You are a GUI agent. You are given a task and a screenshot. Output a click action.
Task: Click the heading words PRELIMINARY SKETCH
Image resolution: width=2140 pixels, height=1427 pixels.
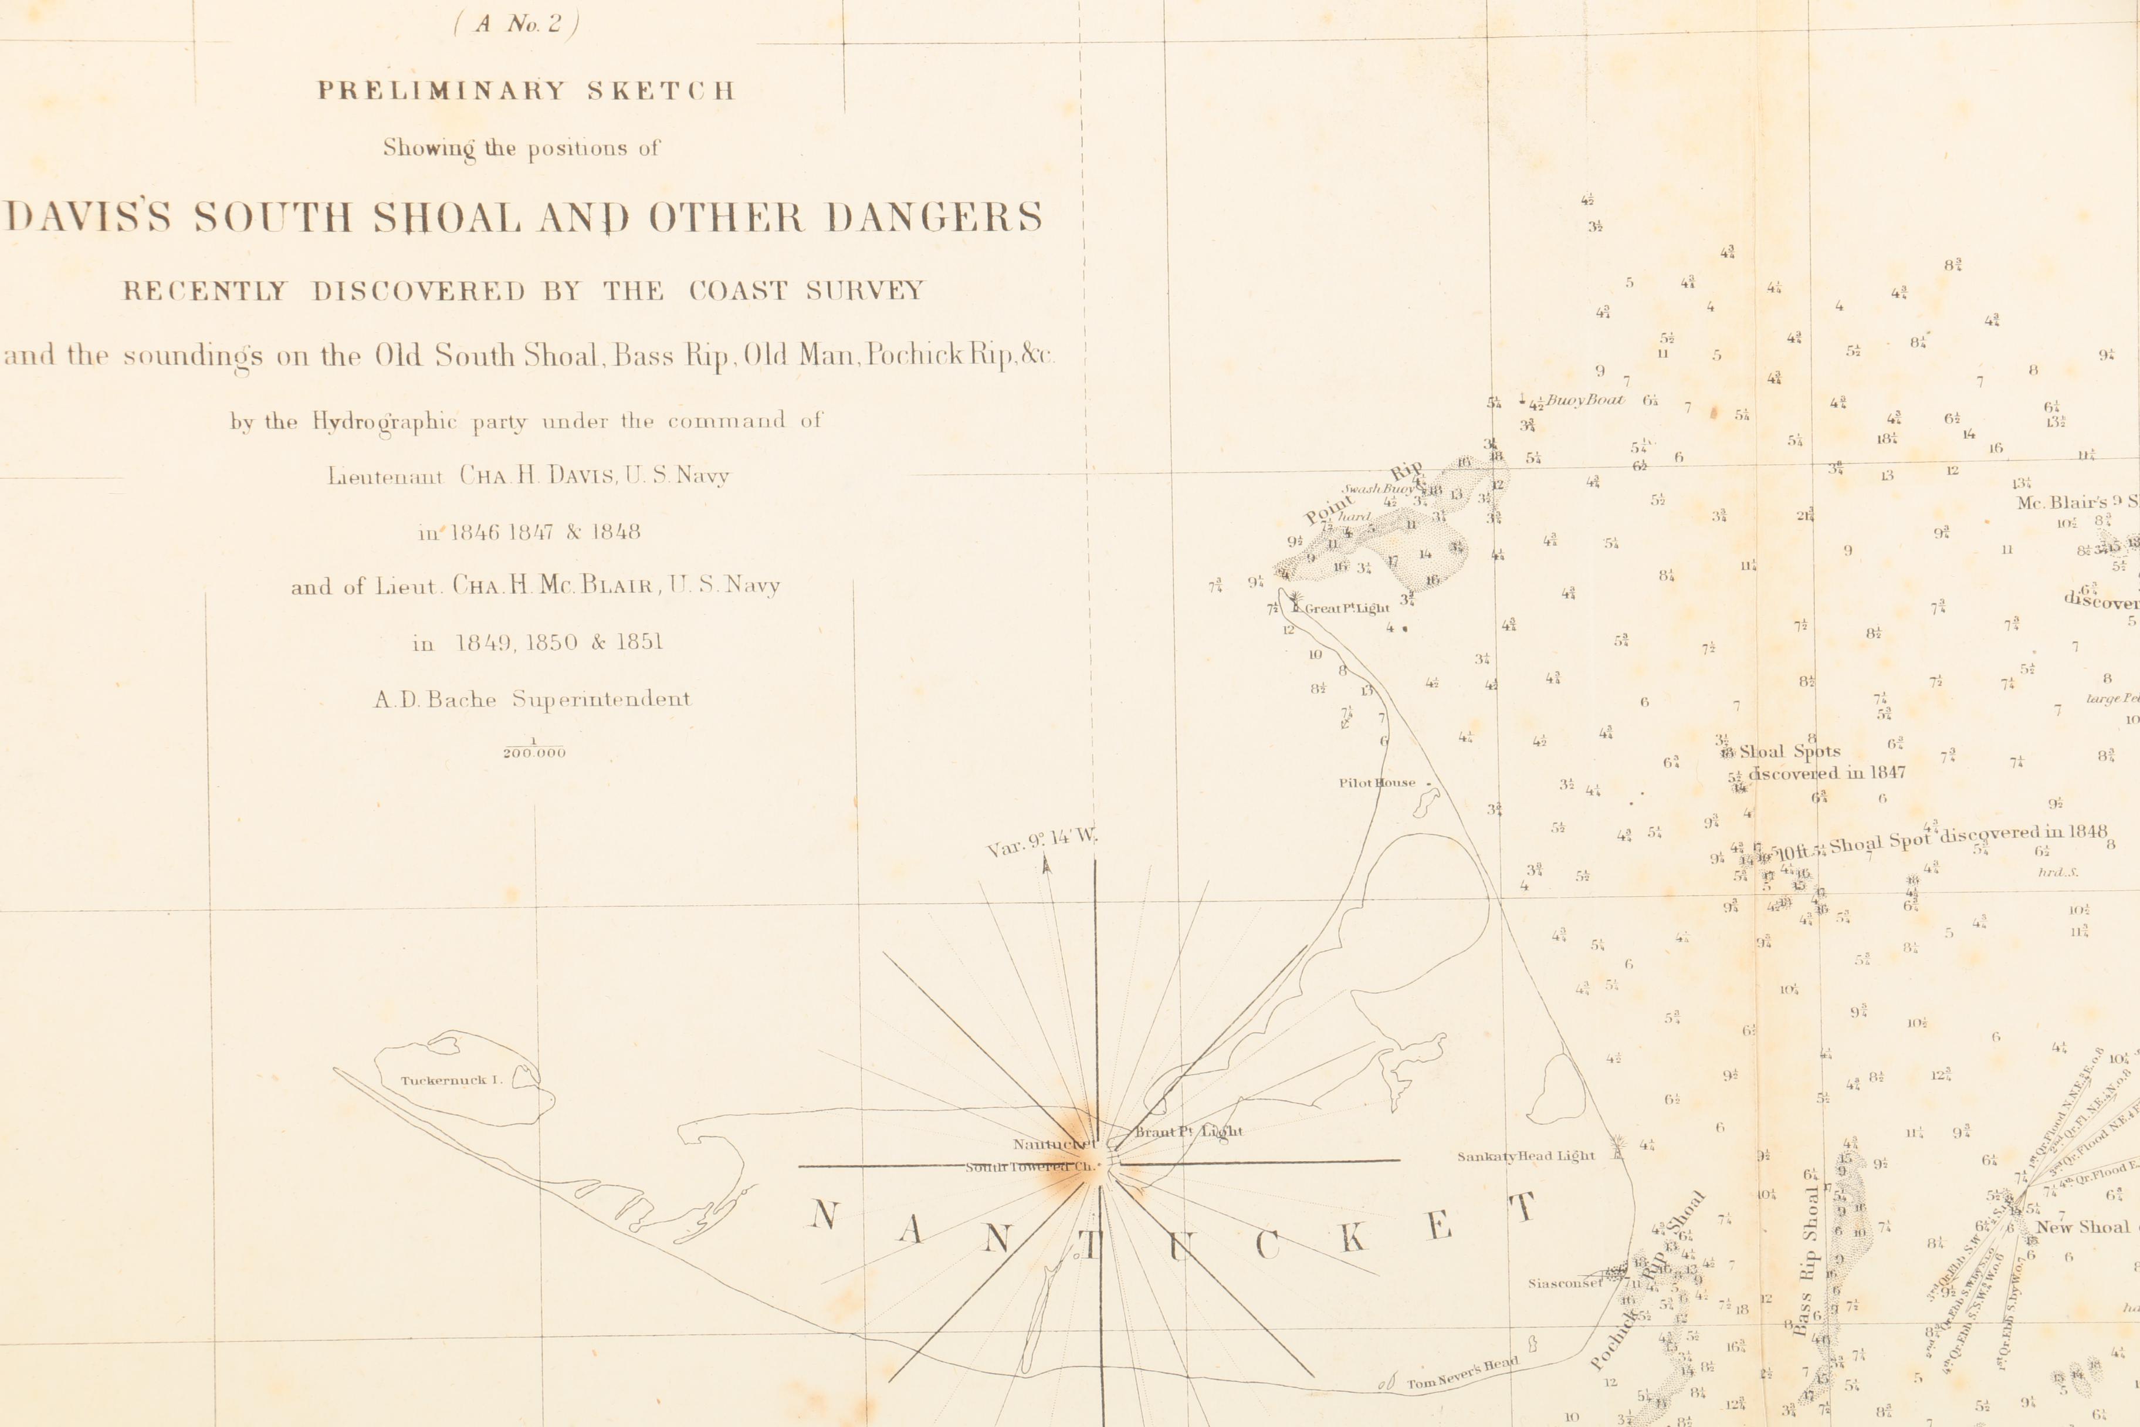tap(525, 91)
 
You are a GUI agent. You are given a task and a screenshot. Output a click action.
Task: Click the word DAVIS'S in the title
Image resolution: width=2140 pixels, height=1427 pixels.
tap(88, 218)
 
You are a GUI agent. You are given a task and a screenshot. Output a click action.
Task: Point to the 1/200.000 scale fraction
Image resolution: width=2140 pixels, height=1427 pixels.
tap(534, 748)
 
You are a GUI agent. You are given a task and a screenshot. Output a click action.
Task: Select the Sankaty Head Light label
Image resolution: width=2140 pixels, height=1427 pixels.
tap(1526, 1157)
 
